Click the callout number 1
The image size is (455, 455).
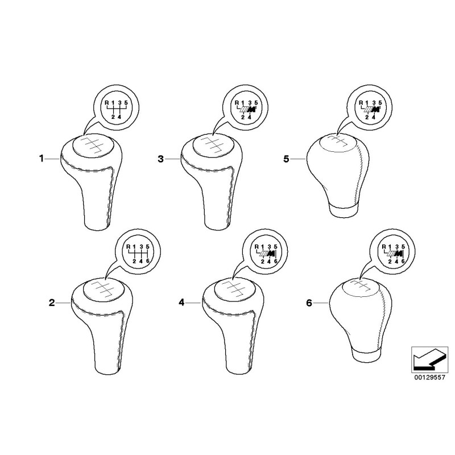[x=42, y=159]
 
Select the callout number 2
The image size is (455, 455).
[x=52, y=303]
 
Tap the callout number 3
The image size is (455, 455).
[x=161, y=159]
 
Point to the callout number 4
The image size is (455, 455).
[x=181, y=303]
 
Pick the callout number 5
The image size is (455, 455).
[x=287, y=159]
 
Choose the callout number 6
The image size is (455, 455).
[x=309, y=303]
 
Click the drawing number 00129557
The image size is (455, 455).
[x=429, y=378]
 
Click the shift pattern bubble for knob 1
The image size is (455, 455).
[x=116, y=107]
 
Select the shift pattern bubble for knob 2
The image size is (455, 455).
[x=138, y=252]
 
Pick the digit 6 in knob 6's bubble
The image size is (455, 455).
[x=403, y=261]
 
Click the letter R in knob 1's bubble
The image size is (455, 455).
[x=107, y=102]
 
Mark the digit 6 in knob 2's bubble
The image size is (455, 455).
[x=147, y=261]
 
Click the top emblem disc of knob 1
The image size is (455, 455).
[x=93, y=146]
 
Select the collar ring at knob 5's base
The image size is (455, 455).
[x=343, y=210]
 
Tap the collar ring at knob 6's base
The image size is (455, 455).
[x=366, y=354]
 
